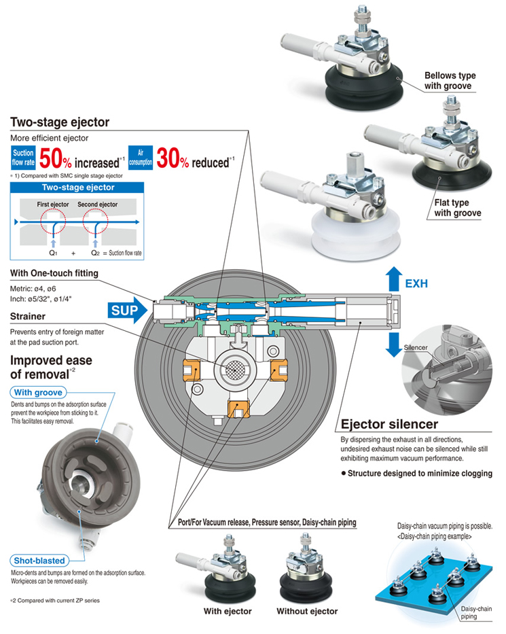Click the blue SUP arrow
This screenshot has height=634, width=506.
[127, 311]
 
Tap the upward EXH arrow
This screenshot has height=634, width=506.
[394, 279]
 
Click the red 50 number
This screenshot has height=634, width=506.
[51, 158]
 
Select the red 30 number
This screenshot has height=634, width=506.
[168, 158]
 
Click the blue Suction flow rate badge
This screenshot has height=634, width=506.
[23, 158]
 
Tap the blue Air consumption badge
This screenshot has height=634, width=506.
[140, 157]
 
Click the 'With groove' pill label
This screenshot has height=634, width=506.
[38, 392]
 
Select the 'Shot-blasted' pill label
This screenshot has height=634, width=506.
[39, 561]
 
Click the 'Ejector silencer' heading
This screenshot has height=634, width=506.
[389, 424]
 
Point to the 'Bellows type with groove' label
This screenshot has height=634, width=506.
[450, 80]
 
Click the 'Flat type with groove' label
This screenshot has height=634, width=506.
[458, 208]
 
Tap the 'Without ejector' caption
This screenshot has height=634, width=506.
[307, 611]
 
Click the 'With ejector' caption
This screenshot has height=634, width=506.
[228, 611]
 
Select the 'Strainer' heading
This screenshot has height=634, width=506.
[27, 316]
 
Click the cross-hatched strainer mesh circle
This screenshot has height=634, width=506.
[234, 368]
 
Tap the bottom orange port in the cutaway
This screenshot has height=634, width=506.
[238, 408]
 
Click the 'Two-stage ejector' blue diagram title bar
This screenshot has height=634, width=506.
[77, 187]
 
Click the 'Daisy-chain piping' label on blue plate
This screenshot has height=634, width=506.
[476, 612]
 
